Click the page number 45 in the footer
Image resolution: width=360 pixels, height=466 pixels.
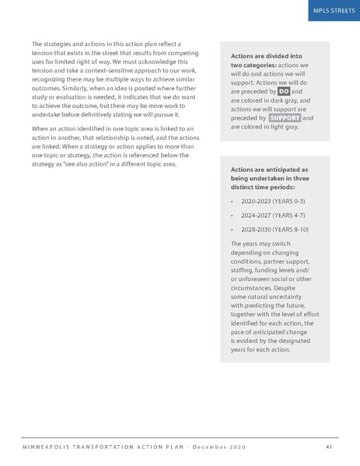click(329, 446)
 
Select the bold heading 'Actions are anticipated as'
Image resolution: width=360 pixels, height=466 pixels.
click(270, 169)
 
